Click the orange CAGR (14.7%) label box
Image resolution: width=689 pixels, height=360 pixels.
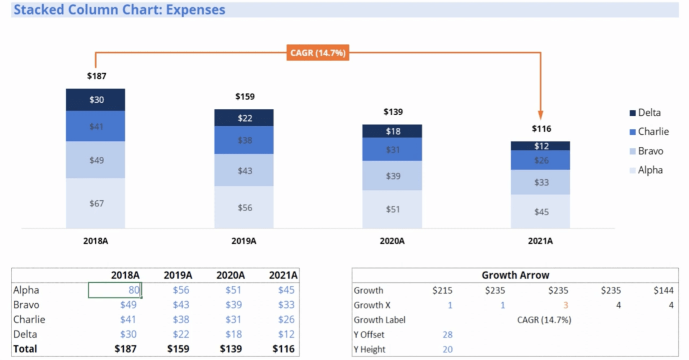[317, 53]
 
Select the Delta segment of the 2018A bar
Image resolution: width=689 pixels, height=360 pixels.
[95, 100]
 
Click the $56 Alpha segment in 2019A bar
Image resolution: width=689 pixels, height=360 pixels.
[244, 208]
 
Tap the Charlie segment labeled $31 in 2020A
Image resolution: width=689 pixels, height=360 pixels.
[392, 149]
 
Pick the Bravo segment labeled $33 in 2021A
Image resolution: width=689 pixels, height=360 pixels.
[540, 182]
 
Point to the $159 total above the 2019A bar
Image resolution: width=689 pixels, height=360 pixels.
[245, 97]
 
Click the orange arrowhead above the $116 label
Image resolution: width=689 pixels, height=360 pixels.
[540, 115]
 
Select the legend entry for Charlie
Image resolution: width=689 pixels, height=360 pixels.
[649, 132]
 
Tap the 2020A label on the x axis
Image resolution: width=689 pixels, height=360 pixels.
[392, 241]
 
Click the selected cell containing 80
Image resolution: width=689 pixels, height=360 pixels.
[115, 290]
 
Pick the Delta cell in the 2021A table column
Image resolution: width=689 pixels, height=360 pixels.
[286, 334]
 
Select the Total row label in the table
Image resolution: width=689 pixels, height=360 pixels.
[25, 349]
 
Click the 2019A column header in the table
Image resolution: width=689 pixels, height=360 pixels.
[178, 275]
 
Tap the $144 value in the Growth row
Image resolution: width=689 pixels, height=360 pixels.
[663, 290]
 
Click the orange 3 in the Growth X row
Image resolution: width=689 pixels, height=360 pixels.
[565, 305]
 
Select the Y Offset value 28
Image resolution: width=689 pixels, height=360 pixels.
[447, 335]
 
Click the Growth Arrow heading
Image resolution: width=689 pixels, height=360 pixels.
[515, 275]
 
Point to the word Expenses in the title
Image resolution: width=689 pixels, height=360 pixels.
[195, 10]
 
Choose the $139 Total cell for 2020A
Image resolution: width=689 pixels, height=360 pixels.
[230, 349]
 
